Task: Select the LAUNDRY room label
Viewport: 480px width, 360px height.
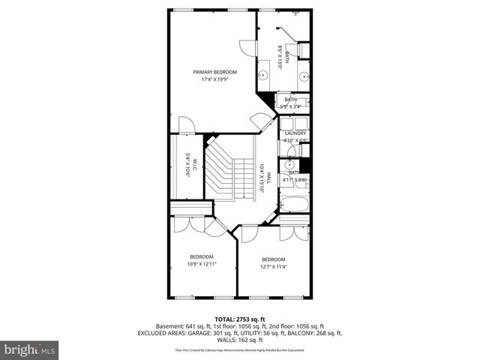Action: click(x=295, y=133)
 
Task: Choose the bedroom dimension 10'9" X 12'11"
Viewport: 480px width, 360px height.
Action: click(x=202, y=264)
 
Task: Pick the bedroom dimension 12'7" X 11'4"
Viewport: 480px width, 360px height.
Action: click(x=273, y=267)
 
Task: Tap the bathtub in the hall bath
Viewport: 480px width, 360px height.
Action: click(x=295, y=203)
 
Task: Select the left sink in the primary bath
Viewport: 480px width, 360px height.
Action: click(x=264, y=75)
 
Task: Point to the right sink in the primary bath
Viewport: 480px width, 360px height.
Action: click(x=304, y=75)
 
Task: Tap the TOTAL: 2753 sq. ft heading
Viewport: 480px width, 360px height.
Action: click(x=239, y=319)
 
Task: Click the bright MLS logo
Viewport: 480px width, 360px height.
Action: click(x=30, y=349)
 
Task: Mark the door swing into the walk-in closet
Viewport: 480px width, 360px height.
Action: click(x=186, y=125)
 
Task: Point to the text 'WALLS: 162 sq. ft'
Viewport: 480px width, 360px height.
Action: click(x=239, y=340)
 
